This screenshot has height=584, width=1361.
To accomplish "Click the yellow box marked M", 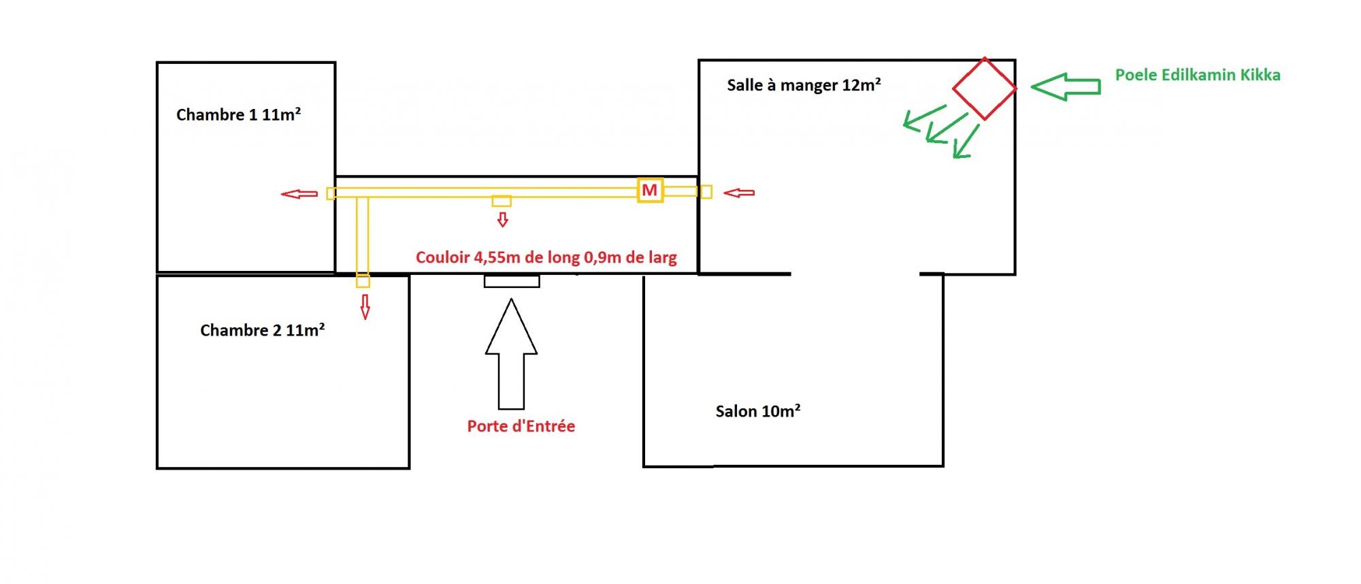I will click(x=650, y=190).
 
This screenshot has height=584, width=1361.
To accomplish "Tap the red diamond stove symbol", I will click(x=984, y=88).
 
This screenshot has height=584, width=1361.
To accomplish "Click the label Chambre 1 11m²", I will click(x=238, y=114).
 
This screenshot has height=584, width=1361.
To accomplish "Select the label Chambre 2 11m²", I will click(x=262, y=330).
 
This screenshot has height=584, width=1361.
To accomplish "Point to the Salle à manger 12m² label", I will click(x=804, y=85).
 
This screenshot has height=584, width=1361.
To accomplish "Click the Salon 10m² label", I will click(x=757, y=411).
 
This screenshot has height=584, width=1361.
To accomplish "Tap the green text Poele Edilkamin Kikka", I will click(x=1197, y=75).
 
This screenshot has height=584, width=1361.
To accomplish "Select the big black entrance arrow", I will click(x=511, y=354).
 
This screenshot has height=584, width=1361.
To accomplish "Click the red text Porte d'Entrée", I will click(x=521, y=427).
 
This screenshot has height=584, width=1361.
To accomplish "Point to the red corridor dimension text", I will click(x=546, y=258).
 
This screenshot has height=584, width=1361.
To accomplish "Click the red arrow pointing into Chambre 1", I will click(x=299, y=194).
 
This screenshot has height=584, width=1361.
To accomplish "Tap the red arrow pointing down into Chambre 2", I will click(x=365, y=306).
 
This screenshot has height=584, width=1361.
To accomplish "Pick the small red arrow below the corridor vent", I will click(x=502, y=219).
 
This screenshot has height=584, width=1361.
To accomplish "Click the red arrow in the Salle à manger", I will click(x=739, y=193).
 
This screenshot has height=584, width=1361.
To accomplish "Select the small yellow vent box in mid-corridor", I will click(x=502, y=201).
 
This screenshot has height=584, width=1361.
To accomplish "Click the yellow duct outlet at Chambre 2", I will click(x=363, y=280).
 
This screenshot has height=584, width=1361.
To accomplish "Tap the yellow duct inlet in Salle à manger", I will click(x=706, y=192).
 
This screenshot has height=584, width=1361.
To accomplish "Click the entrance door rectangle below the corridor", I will click(x=512, y=281).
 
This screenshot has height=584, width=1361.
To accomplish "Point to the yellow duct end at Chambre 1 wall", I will click(x=331, y=193).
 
